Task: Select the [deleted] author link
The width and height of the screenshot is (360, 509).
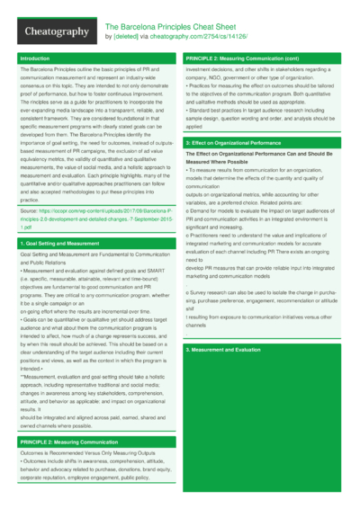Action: coord(126,38)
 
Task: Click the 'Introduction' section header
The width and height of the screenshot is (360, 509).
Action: coord(35,58)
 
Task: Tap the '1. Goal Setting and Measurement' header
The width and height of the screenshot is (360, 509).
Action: coord(53,244)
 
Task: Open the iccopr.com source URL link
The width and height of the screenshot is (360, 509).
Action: coord(94,220)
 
